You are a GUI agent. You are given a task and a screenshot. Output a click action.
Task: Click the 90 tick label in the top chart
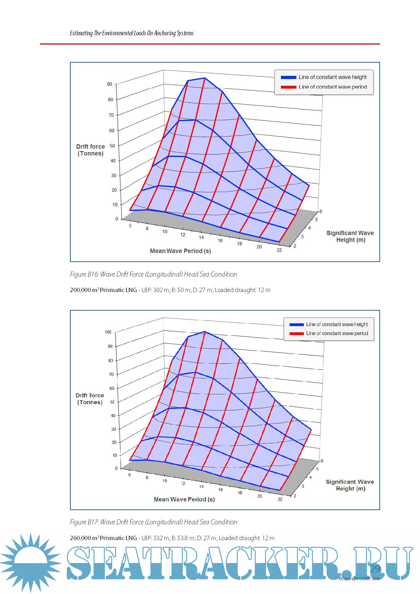pyautogui.click(x=110, y=84)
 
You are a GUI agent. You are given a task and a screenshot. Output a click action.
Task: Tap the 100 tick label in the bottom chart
pyautogui.click(x=108, y=332)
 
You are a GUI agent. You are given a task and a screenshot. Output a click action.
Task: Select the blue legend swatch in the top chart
pyautogui.click(x=288, y=77)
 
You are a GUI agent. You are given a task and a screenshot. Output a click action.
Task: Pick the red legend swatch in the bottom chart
pyautogui.click(x=296, y=334)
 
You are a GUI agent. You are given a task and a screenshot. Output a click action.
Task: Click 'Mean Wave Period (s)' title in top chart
pyautogui.click(x=180, y=251)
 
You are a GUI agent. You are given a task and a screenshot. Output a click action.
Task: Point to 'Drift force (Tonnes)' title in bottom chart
pyautogui.click(x=90, y=399)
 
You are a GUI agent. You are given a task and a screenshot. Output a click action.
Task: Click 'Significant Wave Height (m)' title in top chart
pyautogui.click(x=350, y=236)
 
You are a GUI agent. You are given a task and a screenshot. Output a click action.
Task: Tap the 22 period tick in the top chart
pyautogui.click(x=279, y=250)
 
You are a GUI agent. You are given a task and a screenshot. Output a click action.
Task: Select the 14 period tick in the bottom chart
pyautogui.click(x=201, y=487)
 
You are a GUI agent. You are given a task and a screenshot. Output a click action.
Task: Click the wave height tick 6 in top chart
pyautogui.click(x=321, y=212)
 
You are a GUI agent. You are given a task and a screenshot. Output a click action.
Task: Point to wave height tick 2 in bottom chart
pyautogui.click(x=295, y=496)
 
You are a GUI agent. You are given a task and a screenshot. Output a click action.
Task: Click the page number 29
pyautogui.click(x=375, y=569)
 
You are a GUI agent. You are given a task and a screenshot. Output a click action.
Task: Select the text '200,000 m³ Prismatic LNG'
pyautogui.click(x=103, y=290)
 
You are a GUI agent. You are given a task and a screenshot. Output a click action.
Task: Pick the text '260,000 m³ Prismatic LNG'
pyautogui.click(x=103, y=538)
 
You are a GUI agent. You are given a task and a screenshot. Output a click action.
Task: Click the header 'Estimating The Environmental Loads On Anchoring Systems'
pyautogui.click(x=132, y=33)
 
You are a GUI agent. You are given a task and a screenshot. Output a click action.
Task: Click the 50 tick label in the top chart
pyautogui.click(x=112, y=146)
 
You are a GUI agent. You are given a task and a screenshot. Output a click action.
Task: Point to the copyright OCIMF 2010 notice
pyautogui.click(x=359, y=579)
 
